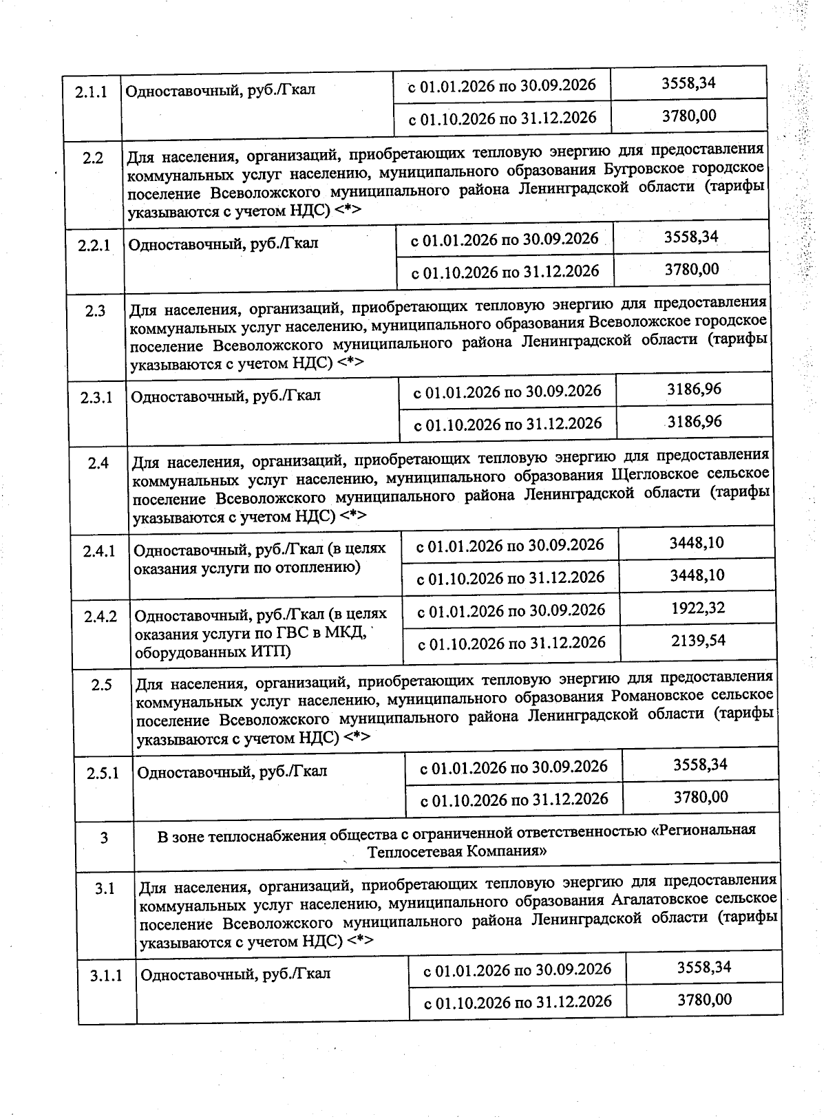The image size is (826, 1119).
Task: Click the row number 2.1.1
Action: pos(91,92)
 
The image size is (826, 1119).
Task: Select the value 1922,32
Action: pos(697,608)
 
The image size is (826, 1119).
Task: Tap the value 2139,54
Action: pos(698,641)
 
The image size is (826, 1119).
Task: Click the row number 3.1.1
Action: pos(106,975)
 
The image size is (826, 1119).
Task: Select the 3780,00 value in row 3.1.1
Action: pos(704,999)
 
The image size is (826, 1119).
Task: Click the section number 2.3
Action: pos(96,311)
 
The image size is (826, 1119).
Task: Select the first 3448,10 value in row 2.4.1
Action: pos(696,542)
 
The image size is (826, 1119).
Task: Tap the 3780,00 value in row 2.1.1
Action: pos(689,115)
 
